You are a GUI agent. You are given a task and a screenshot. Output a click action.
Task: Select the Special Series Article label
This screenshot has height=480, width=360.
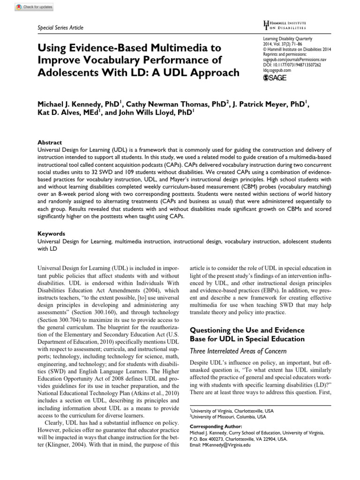point(60,28)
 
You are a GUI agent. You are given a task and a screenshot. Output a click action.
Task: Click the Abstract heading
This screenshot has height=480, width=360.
point(49,142)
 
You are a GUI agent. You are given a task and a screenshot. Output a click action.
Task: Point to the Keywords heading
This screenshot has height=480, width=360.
point(51,233)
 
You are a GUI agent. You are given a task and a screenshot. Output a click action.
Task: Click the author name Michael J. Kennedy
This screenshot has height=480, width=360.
point(75,104)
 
